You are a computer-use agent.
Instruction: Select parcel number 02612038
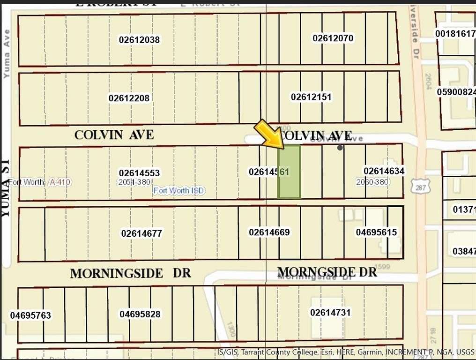(x=139, y=40)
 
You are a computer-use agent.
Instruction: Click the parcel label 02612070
(x=333, y=38)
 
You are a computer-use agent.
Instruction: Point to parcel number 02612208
(x=129, y=98)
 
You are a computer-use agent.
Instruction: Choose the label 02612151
(x=311, y=97)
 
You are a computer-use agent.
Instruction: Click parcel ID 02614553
(x=139, y=173)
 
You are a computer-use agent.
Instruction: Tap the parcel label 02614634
(x=384, y=171)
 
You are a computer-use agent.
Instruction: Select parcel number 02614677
(x=141, y=233)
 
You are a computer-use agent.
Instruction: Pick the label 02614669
(x=269, y=232)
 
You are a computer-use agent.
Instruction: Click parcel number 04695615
(x=376, y=232)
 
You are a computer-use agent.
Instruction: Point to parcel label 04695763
(x=30, y=315)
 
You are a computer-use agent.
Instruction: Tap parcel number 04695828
(x=140, y=314)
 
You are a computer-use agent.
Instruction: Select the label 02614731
(x=330, y=312)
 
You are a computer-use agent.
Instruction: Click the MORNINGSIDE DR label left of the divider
(x=131, y=273)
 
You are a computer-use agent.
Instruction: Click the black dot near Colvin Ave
(x=340, y=148)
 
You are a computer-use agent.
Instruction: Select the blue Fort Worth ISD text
(x=179, y=191)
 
